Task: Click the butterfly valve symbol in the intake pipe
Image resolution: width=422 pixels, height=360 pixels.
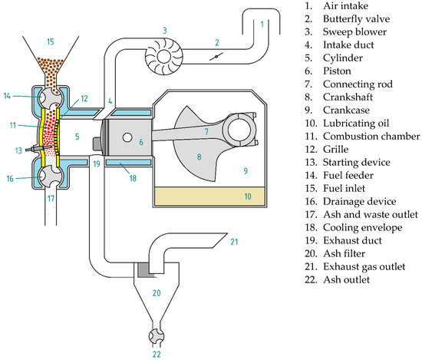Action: (216, 57)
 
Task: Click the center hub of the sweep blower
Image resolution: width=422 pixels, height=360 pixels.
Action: (163, 57)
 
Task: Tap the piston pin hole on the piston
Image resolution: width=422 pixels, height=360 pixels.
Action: (127, 137)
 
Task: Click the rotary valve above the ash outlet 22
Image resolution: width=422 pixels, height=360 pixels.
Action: (157, 336)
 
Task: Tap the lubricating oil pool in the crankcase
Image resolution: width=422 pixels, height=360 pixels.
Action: (210, 197)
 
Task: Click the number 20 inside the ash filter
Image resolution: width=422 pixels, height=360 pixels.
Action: (157, 292)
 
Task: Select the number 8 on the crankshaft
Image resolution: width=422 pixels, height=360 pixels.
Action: (199, 157)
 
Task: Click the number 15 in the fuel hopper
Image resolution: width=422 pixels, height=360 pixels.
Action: (51, 41)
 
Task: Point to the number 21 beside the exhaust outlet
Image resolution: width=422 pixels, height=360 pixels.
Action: (234, 242)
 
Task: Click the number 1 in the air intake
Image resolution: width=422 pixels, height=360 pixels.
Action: (262, 25)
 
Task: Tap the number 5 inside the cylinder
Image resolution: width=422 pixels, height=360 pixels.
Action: (77, 136)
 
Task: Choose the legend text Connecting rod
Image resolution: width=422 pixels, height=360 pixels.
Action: (358, 84)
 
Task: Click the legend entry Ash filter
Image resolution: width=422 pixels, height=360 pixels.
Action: (345, 253)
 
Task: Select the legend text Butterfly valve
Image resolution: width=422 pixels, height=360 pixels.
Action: (356, 19)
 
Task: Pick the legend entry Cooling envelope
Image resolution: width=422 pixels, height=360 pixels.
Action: (362, 227)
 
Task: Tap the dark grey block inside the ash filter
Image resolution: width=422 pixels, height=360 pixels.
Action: (142, 269)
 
